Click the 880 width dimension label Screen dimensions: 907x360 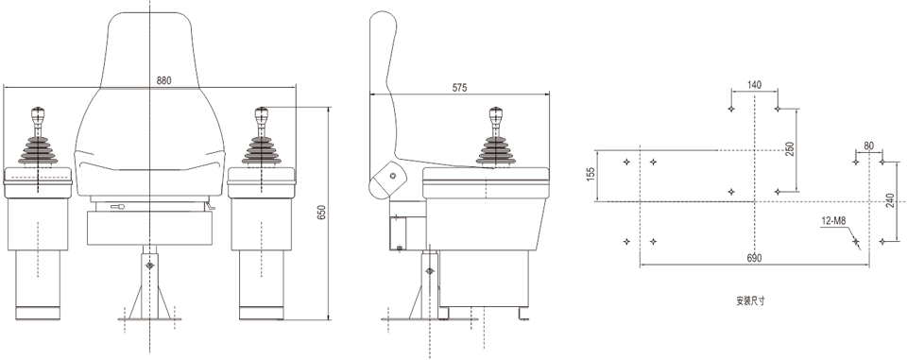163,81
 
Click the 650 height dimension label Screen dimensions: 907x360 322,213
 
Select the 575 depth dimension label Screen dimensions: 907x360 459,88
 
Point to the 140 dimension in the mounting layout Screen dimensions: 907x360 754,85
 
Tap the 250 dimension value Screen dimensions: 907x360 790,148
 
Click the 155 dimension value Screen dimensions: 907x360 590,175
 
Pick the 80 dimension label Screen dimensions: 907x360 869,146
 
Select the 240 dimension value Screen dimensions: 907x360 890,200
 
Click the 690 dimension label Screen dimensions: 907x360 754,258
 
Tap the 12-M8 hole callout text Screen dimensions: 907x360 833,220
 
